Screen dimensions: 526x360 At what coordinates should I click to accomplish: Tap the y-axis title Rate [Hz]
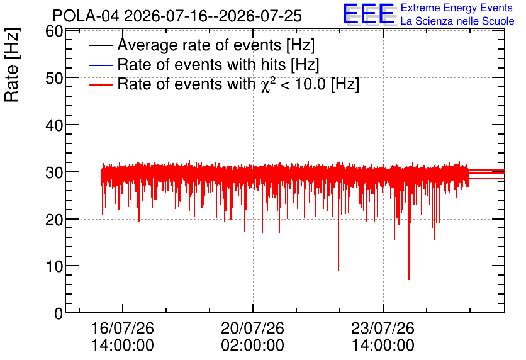click(12, 65)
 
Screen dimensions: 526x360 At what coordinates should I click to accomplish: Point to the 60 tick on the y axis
click(54, 31)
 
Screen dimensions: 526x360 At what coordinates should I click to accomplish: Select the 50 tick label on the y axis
click(54, 78)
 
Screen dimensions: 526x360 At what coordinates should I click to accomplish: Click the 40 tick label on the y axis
click(54, 125)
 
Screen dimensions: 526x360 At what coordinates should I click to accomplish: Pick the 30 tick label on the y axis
click(54, 173)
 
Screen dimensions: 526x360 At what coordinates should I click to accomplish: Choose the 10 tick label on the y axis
click(54, 267)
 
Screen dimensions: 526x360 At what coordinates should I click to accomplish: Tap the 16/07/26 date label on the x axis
click(123, 328)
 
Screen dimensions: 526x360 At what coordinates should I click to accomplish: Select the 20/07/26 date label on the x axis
click(252, 328)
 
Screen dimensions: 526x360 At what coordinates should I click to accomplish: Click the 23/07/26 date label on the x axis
click(383, 328)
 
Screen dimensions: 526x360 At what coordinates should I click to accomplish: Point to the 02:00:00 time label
click(252, 345)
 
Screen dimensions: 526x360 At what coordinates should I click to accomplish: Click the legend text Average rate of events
click(199, 45)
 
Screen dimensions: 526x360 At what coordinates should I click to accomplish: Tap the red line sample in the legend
click(100, 85)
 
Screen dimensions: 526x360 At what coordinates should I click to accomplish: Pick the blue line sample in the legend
click(100, 65)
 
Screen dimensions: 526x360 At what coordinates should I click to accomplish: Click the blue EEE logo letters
click(368, 14)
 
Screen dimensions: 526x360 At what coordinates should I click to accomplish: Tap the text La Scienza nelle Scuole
click(457, 21)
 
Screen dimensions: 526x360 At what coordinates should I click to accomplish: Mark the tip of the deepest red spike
click(409, 279)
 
